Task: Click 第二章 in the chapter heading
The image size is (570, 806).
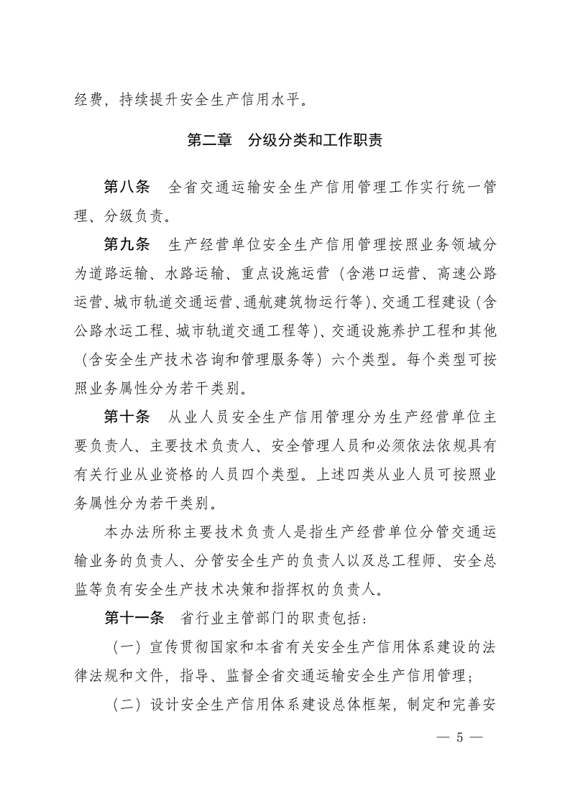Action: click(209, 140)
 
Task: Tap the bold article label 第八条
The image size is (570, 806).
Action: click(127, 187)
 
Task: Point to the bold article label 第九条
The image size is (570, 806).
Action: click(127, 244)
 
